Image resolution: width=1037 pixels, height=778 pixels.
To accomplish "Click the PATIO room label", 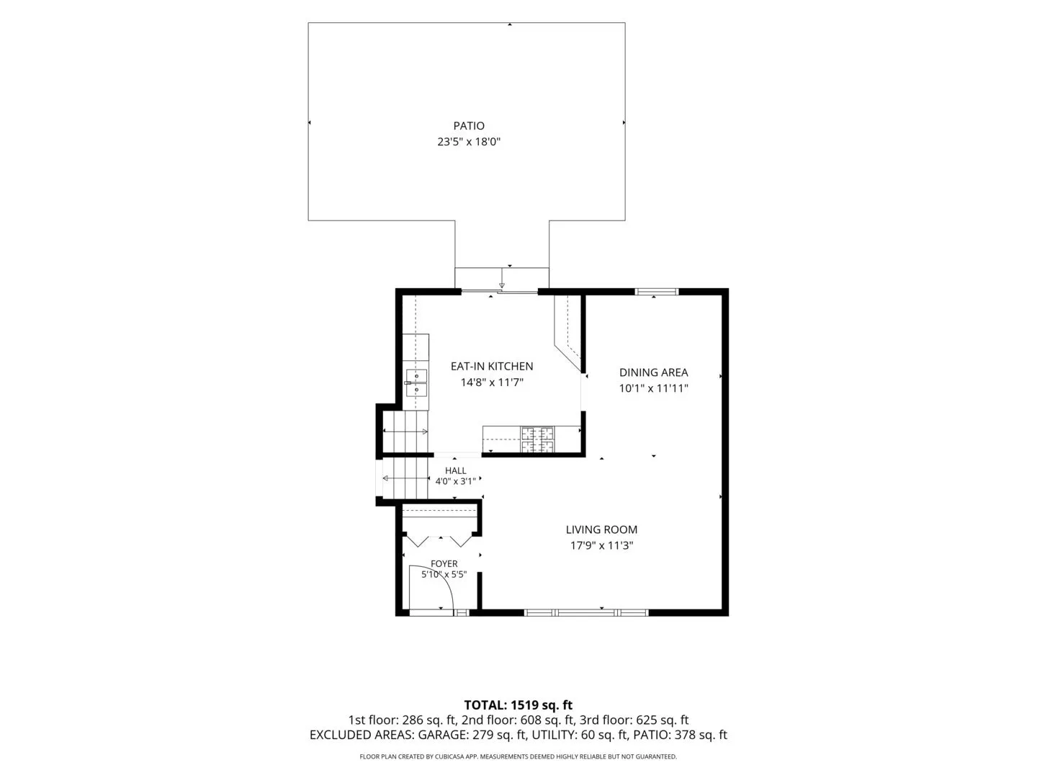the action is click(469, 125).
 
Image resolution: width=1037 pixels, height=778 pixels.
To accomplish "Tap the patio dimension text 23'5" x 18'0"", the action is click(469, 142).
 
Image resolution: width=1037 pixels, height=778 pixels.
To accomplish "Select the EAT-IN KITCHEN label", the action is click(492, 366).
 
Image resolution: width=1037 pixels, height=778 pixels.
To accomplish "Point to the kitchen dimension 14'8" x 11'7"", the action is click(492, 382).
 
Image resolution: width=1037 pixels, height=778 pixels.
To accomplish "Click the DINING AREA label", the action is click(653, 372).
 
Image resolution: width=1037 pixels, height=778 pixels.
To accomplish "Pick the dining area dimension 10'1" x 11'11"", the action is click(653, 388).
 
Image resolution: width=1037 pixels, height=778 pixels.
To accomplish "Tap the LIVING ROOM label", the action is click(601, 529).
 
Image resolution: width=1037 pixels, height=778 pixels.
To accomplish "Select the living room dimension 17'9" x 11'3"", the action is click(601, 545).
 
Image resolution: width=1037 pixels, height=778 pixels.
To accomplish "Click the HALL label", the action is click(455, 470).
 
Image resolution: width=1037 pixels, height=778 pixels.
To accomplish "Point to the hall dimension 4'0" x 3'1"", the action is click(455, 481).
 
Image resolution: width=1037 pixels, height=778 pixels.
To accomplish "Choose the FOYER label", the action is click(444, 563).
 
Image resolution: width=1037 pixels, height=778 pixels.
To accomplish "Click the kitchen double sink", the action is click(416, 383).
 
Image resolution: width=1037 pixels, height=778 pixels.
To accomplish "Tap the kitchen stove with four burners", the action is click(537, 439).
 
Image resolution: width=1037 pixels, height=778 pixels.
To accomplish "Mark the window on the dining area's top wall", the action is click(656, 292).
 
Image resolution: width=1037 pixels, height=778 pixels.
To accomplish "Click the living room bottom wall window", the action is click(586, 612).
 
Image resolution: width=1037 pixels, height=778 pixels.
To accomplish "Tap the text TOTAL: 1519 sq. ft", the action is click(518, 705).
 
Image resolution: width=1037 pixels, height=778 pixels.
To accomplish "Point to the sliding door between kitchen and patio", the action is click(499, 292).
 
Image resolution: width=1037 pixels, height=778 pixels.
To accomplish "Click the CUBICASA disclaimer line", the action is click(518, 756).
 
